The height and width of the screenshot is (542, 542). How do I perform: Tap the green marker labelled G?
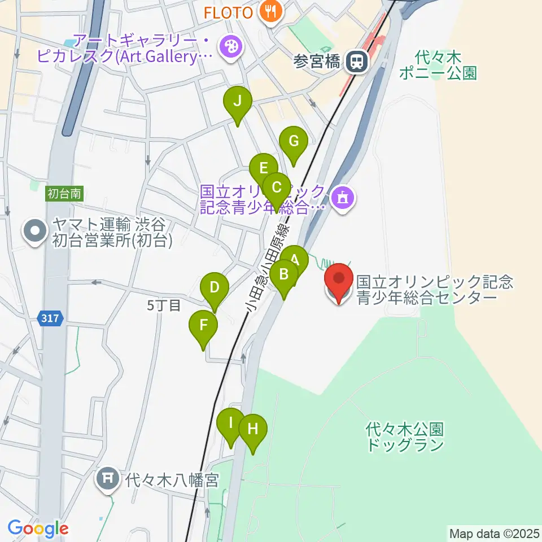[x=294, y=142]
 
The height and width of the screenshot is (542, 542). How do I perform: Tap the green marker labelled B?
[x=284, y=276]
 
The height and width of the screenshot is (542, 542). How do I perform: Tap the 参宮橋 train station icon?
[x=356, y=61]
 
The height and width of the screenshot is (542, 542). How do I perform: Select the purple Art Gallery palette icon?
[x=230, y=47]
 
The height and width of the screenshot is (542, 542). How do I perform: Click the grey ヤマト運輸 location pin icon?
[x=35, y=231]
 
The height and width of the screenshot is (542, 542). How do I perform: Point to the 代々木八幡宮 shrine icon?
[x=106, y=479]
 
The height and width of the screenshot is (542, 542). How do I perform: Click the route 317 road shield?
[x=50, y=319]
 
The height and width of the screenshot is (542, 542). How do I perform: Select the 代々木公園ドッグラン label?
[x=405, y=437]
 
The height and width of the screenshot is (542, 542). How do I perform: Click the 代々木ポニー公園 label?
[x=438, y=64]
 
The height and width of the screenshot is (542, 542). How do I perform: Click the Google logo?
[x=38, y=529]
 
